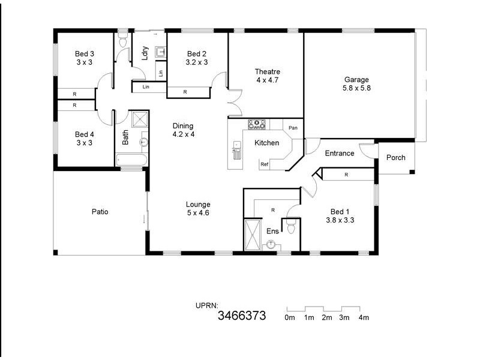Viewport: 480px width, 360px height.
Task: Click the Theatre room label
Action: pyautogui.click(x=268, y=72)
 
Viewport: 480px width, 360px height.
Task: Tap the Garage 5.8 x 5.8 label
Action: pyautogui.click(x=356, y=79)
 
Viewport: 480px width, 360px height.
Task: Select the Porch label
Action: pyautogui.click(x=395, y=158)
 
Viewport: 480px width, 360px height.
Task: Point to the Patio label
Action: pyautogui.click(x=100, y=212)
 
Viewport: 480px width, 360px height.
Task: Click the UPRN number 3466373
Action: pyautogui.click(x=242, y=316)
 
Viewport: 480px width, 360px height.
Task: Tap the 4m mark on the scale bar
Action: pyautogui.click(x=364, y=317)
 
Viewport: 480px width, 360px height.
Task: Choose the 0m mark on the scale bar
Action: pyautogui.click(x=290, y=317)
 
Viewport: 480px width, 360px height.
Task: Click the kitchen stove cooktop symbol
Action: pyautogui.click(x=257, y=124)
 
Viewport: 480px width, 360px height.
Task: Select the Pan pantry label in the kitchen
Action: pyautogui.click(x=293, y=128)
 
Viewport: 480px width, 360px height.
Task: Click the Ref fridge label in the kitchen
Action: pyautogui.click(x=264, y=164)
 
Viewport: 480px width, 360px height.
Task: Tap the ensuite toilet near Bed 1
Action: pyautogui.click(x=291, y=227)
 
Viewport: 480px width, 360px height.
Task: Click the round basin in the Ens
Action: pyautogui.click(x=271, y=244)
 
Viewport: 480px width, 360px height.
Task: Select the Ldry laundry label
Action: pyautogui.click(x=145, y=53)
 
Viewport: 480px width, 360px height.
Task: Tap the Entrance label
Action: pyautogui.click(x=340, y=154)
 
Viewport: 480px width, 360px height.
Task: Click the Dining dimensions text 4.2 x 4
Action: pyautogui.click(x=183, y=134)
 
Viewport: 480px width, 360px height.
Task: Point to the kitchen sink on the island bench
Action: pyautogui.click(x=237, y=154)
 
